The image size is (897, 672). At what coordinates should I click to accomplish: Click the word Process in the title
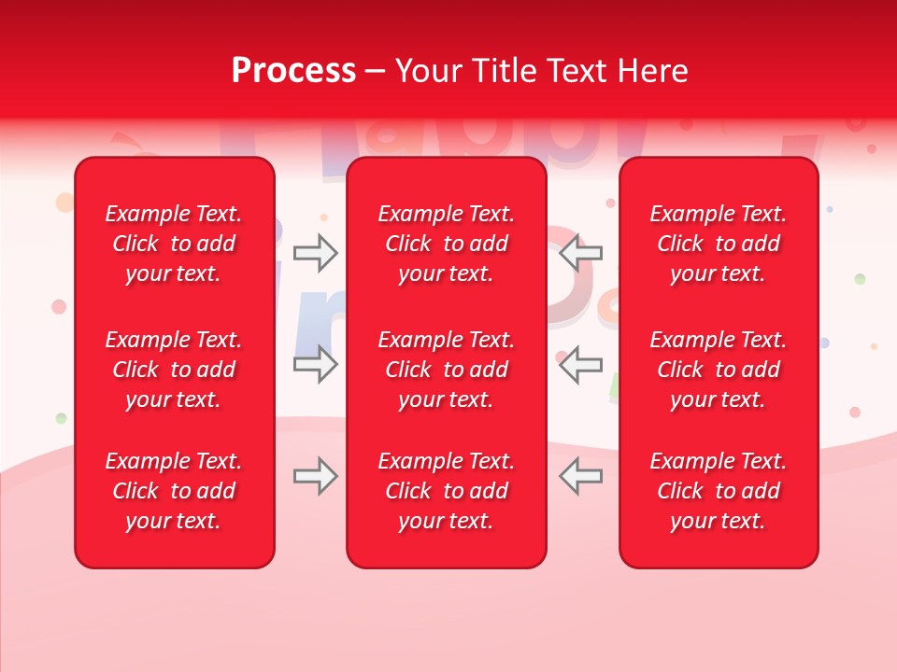(x=293, y=71)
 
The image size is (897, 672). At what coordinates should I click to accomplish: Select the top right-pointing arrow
(x=315, y=253)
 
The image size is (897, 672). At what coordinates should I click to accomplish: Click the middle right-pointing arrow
(x=315, y=364)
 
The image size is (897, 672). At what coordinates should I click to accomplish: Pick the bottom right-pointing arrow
(x=315, y=476)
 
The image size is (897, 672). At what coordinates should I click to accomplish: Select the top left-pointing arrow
(x=581, y=253)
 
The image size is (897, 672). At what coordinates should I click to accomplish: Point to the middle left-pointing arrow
(x=581, y=364)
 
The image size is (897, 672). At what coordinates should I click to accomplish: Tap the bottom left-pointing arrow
(x=581, y=476)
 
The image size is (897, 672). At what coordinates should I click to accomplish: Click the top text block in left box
(x=174, y=244)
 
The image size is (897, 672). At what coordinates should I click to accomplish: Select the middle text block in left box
(x=174, y=370)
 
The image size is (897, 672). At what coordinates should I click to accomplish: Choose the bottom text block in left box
(x=174, y=491)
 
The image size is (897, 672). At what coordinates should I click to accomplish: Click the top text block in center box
(x=446, y=244)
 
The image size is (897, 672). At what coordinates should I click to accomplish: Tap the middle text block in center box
(x=446, y=370)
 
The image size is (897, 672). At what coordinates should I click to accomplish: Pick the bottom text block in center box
(x=446, y=491)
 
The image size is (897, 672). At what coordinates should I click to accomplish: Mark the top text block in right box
(x=719, y=244)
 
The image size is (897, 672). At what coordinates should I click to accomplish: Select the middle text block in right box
(x=719, y=370)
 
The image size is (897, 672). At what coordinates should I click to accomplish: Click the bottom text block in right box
(x=719, y=491)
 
